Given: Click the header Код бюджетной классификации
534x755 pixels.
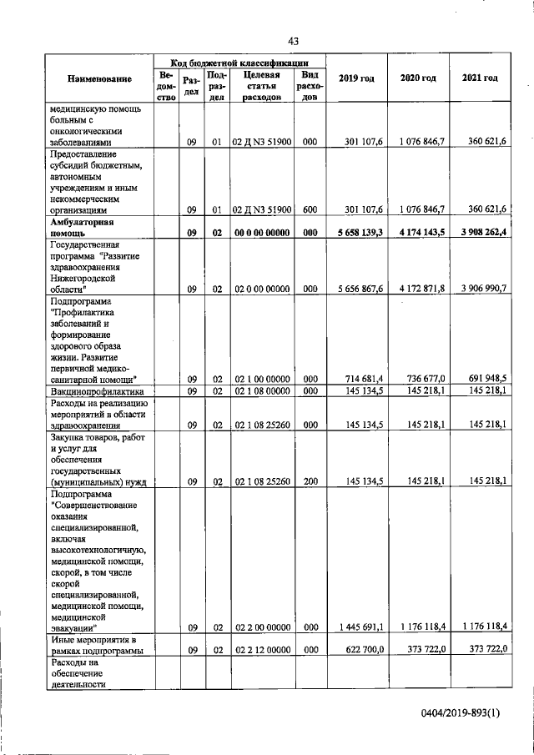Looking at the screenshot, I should (x=239, y=63).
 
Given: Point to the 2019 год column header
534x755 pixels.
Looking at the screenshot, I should (x=356, y=78).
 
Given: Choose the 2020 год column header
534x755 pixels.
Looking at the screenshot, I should (x=418, y=78).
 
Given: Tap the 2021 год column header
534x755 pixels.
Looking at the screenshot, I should (x=480, y=78).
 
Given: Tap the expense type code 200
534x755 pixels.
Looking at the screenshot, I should (x=310, y=481).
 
